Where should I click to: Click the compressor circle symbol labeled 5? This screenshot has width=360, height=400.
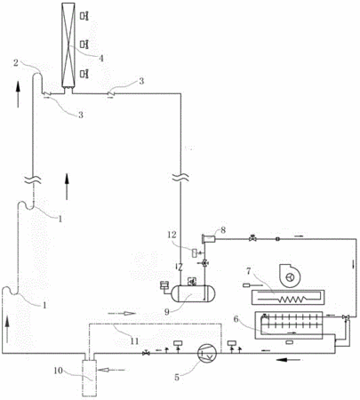207,353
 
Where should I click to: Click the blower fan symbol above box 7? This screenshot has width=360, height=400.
289,276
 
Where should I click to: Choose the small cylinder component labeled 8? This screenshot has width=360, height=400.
208,238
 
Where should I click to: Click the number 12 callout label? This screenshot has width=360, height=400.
172,235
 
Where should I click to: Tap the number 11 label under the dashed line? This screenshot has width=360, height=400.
134,341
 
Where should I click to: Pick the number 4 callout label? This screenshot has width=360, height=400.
101,59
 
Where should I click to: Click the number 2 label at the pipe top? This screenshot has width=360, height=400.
16,63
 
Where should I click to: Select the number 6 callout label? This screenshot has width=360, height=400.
236,319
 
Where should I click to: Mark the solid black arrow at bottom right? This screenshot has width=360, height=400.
288,360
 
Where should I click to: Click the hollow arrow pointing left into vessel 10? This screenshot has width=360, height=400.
113,370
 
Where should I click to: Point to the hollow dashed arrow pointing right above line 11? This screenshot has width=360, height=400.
122,313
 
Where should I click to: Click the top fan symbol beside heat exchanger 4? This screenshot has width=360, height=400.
84,16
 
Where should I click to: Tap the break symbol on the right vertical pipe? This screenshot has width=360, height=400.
180,177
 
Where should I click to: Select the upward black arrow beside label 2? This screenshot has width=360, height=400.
18,94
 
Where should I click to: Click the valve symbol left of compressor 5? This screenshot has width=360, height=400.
146,353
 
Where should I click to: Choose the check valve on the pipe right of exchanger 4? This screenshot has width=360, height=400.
110,93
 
